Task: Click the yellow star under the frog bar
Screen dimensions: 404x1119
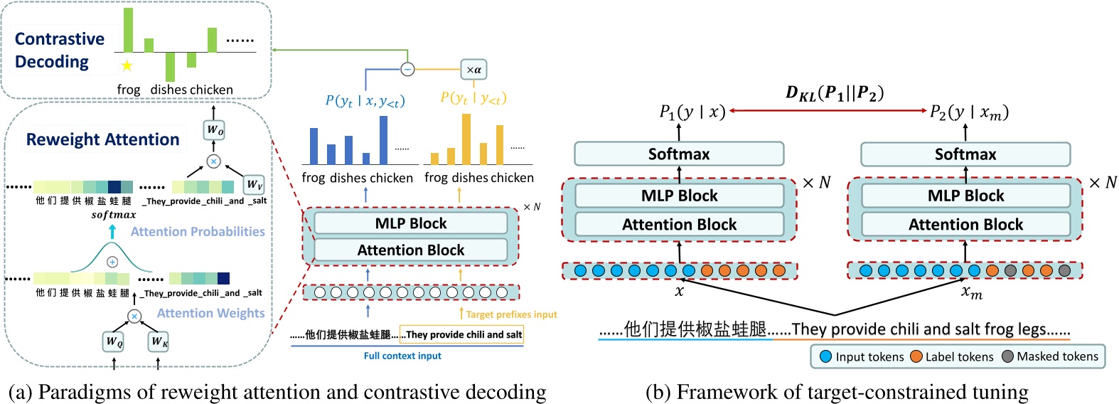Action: click(127, 66)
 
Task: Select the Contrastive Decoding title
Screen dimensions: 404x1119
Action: click(60, 51)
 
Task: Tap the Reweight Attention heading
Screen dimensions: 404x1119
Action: click(102, 139)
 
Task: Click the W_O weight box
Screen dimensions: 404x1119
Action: click(214, 130)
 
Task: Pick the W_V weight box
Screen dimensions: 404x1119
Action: click(254, 185)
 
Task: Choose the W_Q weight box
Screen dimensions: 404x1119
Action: click(114, 341)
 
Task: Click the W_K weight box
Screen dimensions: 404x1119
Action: click(159, 341)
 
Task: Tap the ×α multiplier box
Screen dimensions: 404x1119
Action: click(473, 70)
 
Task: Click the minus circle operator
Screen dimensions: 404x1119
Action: click(407, 69)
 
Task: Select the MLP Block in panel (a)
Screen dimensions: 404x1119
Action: click(411, 223)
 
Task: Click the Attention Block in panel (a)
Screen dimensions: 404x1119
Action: click(411, 250)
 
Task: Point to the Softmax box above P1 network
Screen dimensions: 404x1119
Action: click(678, 154)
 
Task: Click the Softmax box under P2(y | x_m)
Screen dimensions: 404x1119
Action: click(965, 154)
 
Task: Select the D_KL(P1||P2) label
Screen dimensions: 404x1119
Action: click(834, 93)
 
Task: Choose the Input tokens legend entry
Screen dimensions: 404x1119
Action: click(862, 356)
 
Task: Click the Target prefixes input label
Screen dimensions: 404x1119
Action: click(511, 314)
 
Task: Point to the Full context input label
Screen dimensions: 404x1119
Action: click(402, 356)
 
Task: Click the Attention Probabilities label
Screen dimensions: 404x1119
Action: click(198, 232)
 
